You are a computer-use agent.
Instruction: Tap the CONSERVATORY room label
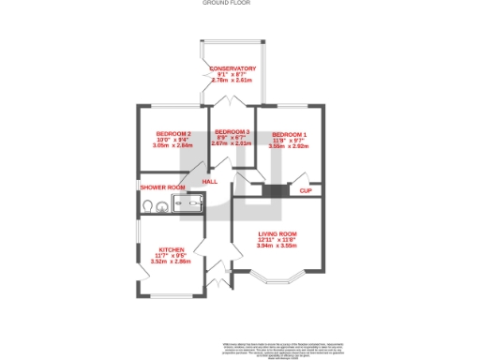pos(233,68)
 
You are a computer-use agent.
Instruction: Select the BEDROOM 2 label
pos(173,134)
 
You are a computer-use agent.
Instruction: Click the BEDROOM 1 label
pos(290,134)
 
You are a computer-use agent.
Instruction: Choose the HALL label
pos(198,181)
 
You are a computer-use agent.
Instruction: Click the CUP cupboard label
pos(305,191)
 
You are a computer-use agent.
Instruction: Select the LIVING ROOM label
pos(277,233)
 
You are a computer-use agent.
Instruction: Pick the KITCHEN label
pos(170,249)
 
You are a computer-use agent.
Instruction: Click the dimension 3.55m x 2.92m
pos(290,146)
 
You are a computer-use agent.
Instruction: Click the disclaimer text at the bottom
pos(279,347)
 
